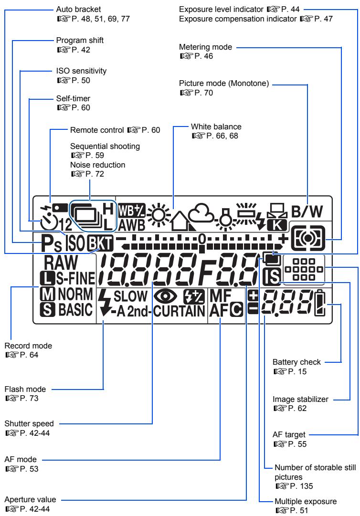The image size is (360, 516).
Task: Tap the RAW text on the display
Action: (61, 262)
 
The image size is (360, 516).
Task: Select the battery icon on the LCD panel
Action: (320, 303)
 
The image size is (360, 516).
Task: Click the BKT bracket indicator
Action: (100, 244)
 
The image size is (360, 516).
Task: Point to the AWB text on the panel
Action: (132, 225)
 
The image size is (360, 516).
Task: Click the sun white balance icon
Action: (159, 215)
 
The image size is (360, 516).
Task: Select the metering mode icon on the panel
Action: (308, 238)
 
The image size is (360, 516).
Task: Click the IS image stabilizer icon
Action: (272, 276)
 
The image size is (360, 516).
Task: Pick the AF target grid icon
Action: (304, 269)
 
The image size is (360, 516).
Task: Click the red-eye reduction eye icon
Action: (165, 296)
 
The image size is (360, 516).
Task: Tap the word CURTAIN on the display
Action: (179, 311)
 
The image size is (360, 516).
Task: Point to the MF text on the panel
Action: (221, 295)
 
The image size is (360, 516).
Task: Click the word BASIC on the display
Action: (75, 310)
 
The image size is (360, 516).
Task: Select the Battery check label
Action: (296, 362)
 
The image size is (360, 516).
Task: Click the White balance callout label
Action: (216, 126)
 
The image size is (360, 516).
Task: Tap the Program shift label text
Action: (80, 40)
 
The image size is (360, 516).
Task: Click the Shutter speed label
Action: (29, 423)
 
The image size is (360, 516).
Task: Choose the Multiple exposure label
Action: (306, 502)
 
